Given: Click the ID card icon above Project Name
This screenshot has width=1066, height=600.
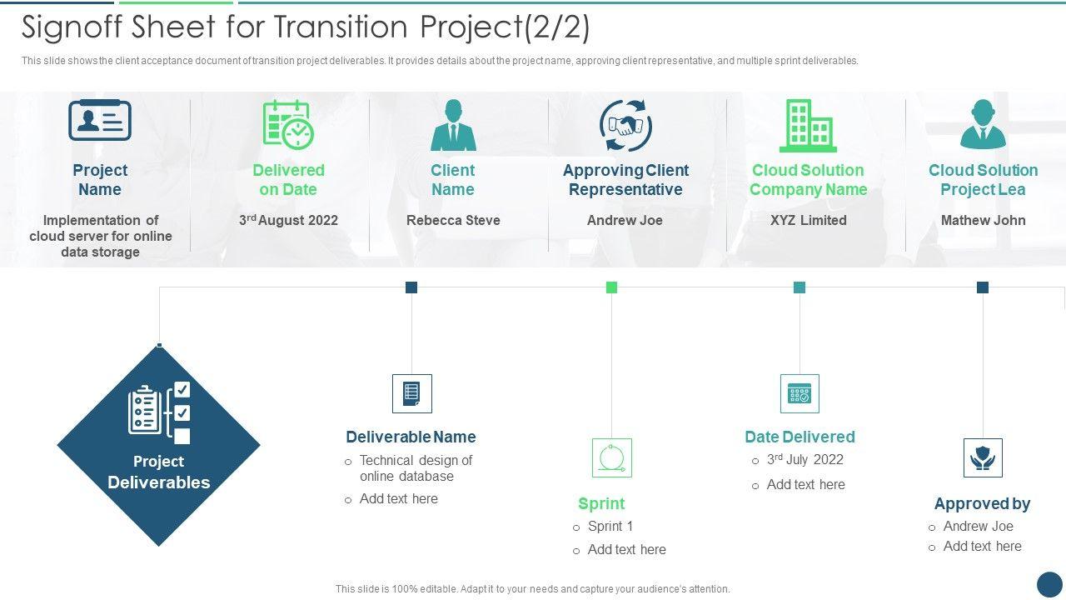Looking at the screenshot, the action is [100, 121].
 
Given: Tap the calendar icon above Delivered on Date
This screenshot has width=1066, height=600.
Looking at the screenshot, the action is [288, 124].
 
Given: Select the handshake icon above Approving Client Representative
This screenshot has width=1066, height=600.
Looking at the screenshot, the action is [625, 126].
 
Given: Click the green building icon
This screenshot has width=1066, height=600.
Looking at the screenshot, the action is [807, 126].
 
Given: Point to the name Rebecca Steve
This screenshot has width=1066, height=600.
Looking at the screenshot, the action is [453, 221].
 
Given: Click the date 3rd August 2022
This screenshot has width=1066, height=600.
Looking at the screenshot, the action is [288, 221].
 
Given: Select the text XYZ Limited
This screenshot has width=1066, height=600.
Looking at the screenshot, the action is [808, 221].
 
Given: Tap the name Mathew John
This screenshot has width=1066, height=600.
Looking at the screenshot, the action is [983, 221].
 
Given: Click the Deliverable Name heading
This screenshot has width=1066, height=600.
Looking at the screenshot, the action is [411, 437].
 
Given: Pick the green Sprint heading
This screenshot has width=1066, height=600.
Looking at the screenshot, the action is [601, 503].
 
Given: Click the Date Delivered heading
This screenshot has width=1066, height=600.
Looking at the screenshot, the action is [799, 437].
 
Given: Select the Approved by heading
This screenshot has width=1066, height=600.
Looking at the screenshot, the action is [982, 503].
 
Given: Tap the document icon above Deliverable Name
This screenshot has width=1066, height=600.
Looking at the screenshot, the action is [412, 393].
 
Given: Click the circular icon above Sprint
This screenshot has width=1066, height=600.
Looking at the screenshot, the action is [612, 458].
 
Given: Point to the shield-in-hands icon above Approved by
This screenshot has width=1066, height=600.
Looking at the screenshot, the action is [983, 458].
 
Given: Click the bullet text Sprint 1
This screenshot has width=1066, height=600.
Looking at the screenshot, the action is [610, 527].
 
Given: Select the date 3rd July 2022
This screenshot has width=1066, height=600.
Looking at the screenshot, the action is [805, 460].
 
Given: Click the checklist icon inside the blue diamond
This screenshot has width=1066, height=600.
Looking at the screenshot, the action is [159, 412].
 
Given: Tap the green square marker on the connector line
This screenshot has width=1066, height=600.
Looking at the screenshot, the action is [611, 287].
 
